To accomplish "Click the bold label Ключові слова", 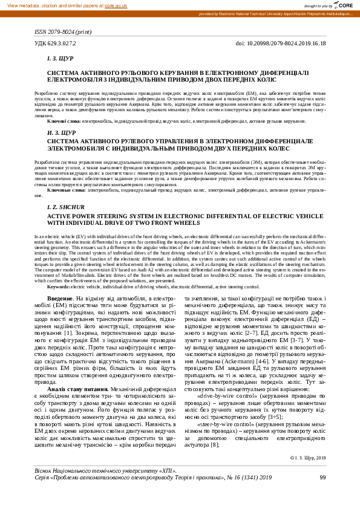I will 64,122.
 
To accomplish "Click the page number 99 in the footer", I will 322,494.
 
